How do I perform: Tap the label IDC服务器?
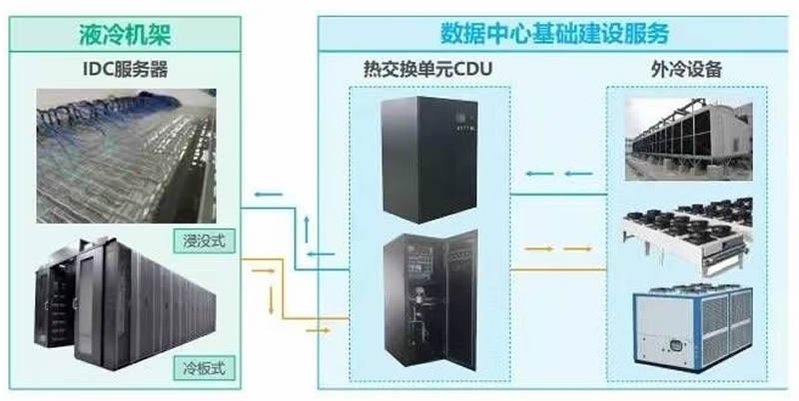[x=125, y=71]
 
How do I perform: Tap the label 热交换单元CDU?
[x=428, y=71]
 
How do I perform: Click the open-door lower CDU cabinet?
[x=427, y=304]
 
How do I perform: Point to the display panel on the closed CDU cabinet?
[x=460, y=122]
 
